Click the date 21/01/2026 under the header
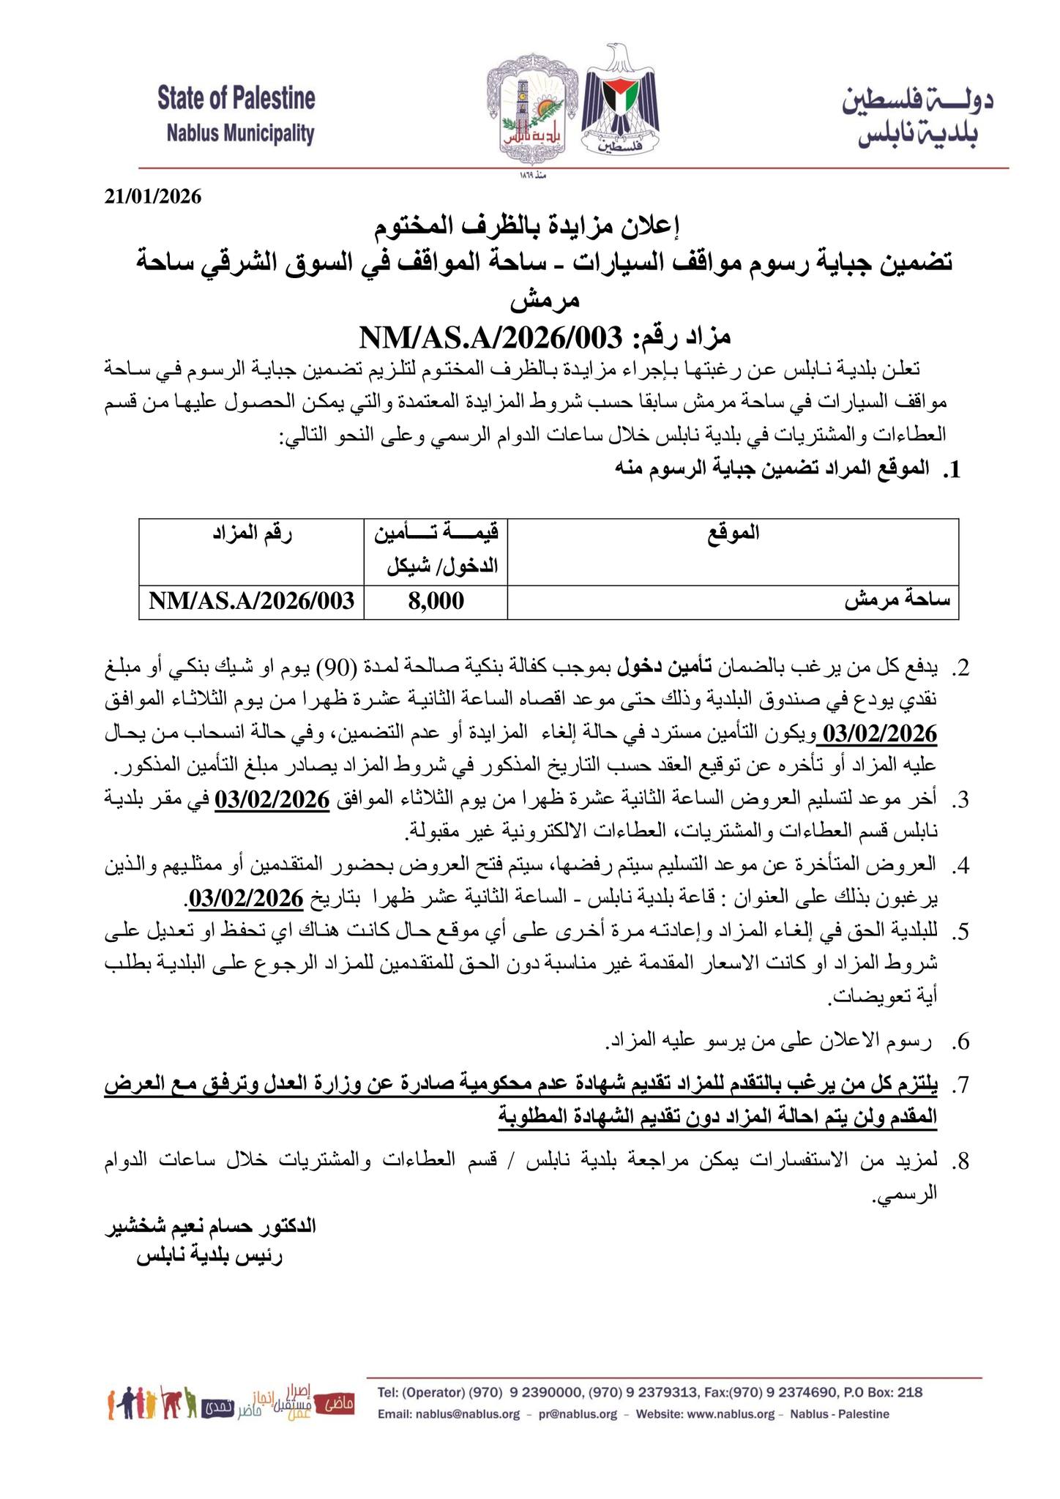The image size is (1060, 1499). click(152, 197)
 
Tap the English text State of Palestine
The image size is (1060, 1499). click(236, 97)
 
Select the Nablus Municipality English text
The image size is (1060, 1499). click(240, 134)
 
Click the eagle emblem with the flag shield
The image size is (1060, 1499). click(620, 102)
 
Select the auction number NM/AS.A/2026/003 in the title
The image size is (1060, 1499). click(490, 337)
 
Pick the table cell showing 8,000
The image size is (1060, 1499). click(436, 601)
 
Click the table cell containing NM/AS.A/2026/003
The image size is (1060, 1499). click(252, 601)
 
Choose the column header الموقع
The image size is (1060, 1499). click(733, 533)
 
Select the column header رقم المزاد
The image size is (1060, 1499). click(253, 533)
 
